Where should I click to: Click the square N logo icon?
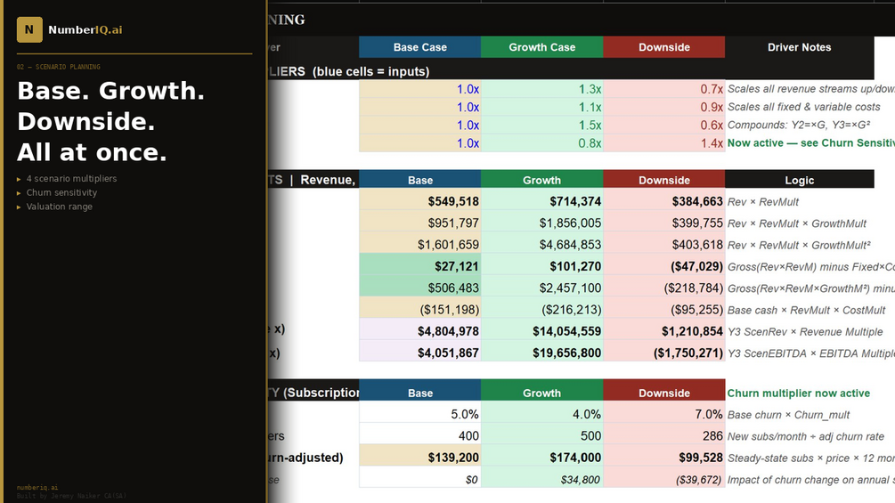29,29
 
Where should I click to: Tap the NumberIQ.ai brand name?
85,30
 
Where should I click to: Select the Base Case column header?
419,47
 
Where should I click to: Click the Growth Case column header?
541,47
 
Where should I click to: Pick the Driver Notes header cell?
799,47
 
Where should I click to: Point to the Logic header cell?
799,180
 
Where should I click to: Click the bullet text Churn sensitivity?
61,192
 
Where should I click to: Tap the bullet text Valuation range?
59,207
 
